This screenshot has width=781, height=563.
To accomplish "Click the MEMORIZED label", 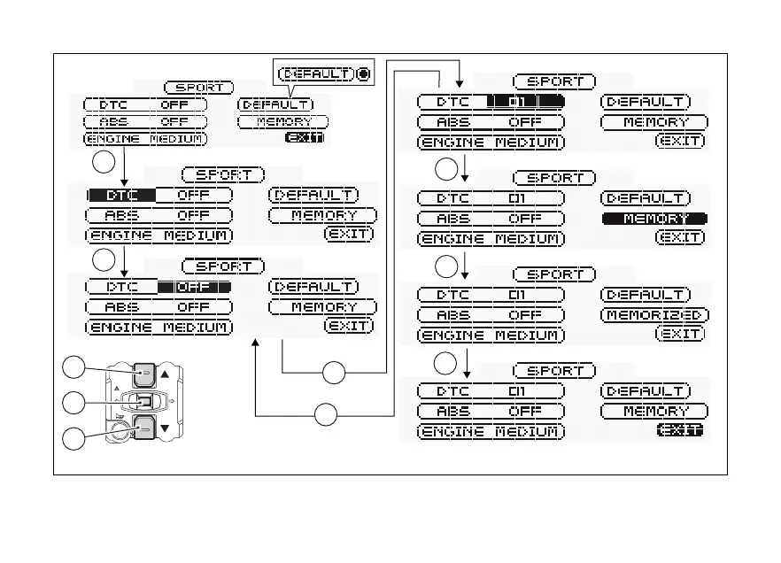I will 655,315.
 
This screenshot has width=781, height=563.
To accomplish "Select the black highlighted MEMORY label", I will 655,219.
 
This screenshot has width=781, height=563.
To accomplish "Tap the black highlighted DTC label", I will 121,195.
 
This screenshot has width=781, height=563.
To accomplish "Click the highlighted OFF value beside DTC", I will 194,287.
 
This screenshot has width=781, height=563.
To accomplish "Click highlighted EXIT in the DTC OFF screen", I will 304,138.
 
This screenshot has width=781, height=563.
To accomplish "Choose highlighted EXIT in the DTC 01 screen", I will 679,430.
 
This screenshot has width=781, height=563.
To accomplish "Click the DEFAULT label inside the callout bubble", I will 315,74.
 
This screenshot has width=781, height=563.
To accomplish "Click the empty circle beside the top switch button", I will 76,368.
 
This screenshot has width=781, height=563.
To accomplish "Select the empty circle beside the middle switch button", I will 76,403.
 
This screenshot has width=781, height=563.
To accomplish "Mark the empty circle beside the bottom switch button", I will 76,436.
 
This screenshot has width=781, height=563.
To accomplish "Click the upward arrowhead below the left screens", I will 255,342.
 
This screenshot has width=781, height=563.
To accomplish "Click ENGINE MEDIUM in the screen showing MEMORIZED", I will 490,335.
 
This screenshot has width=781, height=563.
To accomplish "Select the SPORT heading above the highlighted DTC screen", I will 223,175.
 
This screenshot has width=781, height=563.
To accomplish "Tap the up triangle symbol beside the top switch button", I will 164,374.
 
